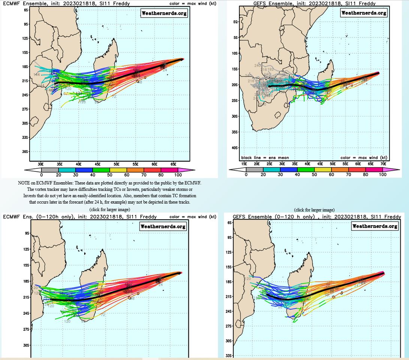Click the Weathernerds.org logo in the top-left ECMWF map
tap(164, 13)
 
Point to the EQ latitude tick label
tap(236, 22)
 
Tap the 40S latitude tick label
tap(235, 148)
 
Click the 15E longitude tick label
tap(244, 164)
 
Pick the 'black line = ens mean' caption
tap(265, 158)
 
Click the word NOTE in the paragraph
tap(24, 183)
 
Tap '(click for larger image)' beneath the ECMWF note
tap(110, 209)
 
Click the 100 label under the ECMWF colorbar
tap(178, 175)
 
